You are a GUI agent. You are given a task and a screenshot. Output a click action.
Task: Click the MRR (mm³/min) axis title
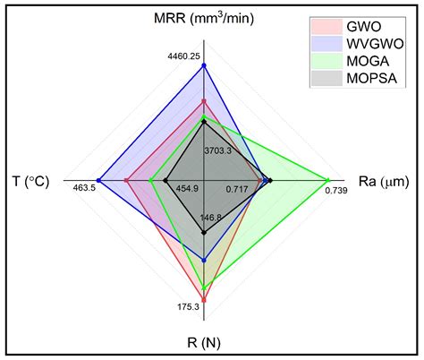pyautogui.click(x=204, y=20)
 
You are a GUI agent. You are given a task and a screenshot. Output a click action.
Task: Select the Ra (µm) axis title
pyautogui.click(x=384, y=182)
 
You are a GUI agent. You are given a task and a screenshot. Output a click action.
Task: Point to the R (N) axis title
pyautogui.click(x=205, y=342)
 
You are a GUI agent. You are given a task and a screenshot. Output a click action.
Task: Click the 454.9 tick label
pyautogui.click(x=187, y=189)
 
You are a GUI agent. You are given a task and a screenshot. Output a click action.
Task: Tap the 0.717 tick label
pyautogui.click(x=237, y=189)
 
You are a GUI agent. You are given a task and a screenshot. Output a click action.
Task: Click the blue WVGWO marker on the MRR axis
pyautogui.click(x=204, y=65)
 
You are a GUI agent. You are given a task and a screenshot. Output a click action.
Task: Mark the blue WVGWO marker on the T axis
pyautogui.click(x=98, y=182)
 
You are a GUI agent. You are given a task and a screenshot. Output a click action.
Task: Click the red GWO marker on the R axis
pyautogui.click(x=204, y=299)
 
